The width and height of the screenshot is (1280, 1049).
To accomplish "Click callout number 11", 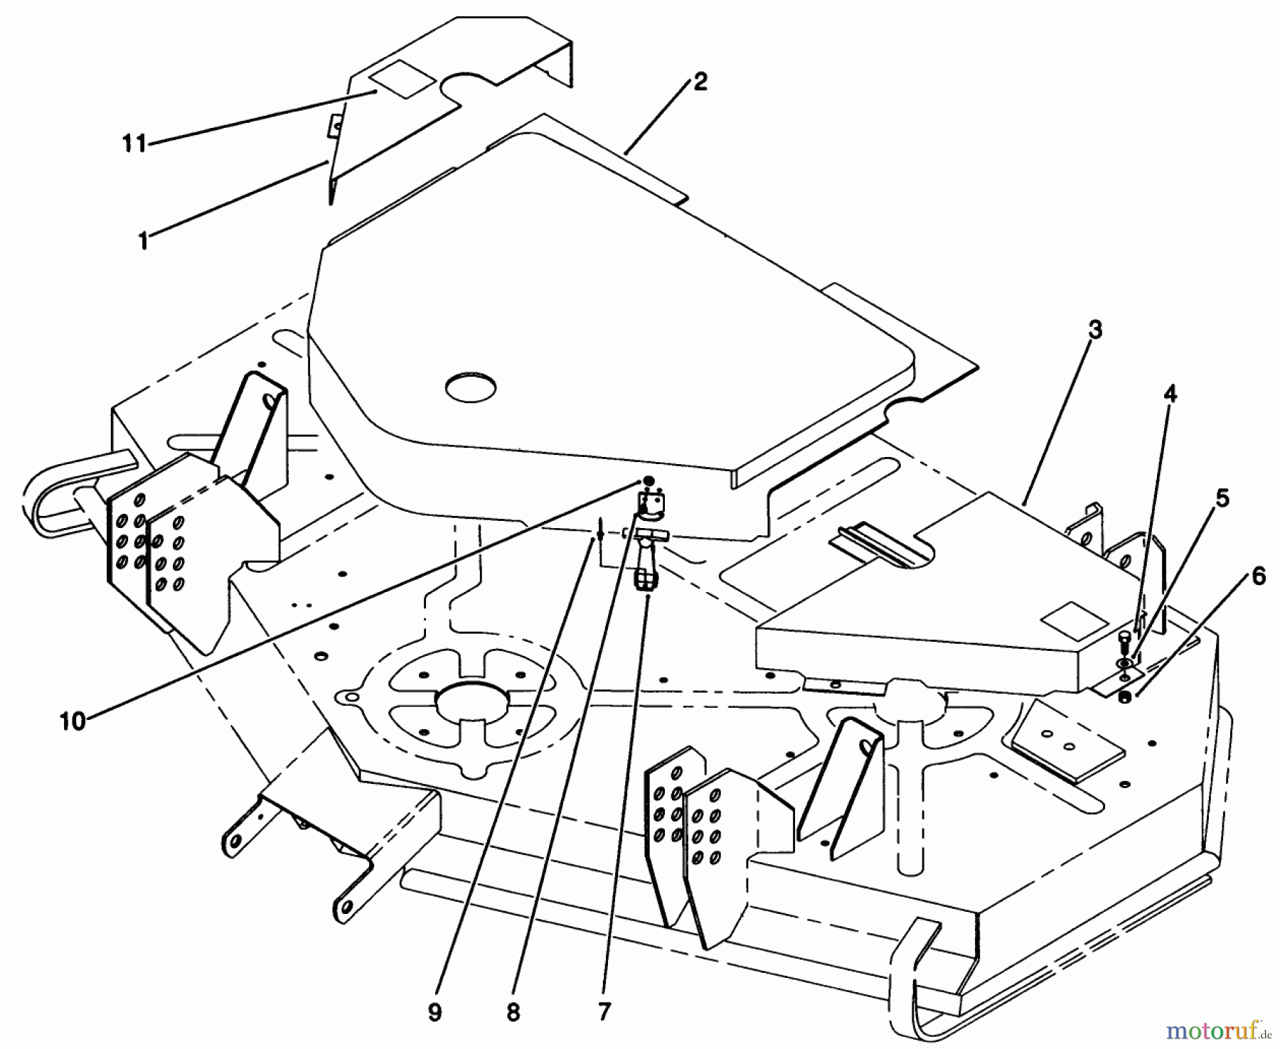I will [134, 144].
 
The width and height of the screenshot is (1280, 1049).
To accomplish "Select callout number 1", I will [143, 241].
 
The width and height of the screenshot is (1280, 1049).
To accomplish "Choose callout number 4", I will [1170, 393].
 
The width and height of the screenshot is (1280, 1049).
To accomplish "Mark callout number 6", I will [1258, 577].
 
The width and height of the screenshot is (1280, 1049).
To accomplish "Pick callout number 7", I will [604, 1012].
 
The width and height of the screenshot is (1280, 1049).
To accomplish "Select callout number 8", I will [513, 1012].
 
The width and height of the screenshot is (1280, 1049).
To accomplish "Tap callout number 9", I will [434, 1012].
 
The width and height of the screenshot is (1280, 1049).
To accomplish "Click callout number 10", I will [73, 722].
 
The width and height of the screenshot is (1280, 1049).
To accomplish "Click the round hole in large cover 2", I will [471, 387].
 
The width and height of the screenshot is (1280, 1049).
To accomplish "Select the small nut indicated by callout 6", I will [1124, 697].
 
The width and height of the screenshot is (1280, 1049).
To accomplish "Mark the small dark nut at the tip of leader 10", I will [648, 481].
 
